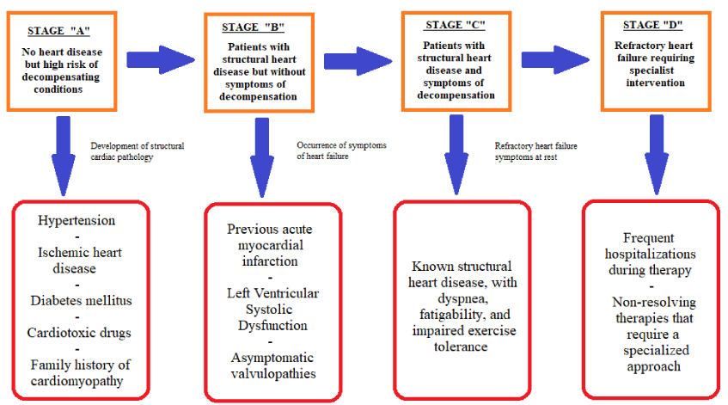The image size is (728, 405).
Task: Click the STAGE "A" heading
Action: point(58,31)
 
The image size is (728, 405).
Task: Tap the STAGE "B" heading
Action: point(253,28)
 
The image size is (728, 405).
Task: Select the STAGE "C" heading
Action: point(455,25)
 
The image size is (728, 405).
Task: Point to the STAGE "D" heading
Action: point(652,25)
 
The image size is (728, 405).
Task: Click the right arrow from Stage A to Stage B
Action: point(161,60)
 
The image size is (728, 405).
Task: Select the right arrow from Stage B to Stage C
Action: point(358,61)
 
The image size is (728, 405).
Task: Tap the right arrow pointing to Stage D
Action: point(555,60)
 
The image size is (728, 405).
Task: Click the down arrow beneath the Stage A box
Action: point(63,156)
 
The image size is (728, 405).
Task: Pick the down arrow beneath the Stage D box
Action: point(657,155)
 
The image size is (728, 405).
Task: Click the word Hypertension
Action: point(76,220)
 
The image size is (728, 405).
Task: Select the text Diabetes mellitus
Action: point(82,300)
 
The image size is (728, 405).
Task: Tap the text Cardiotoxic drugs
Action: point(79,333)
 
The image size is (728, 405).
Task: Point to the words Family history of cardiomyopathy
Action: point(80,372)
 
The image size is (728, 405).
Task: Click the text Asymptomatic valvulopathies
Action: point(273,365)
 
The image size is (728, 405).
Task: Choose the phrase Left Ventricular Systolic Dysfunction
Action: point(273,310)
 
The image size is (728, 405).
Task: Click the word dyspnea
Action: point(462,298)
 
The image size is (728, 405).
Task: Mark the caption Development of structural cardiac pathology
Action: point(138,151)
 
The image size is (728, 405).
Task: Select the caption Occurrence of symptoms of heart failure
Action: point(342,150)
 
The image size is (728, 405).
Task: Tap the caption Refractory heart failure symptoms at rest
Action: point(535,151)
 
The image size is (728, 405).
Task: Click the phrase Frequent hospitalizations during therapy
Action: point(650,254)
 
